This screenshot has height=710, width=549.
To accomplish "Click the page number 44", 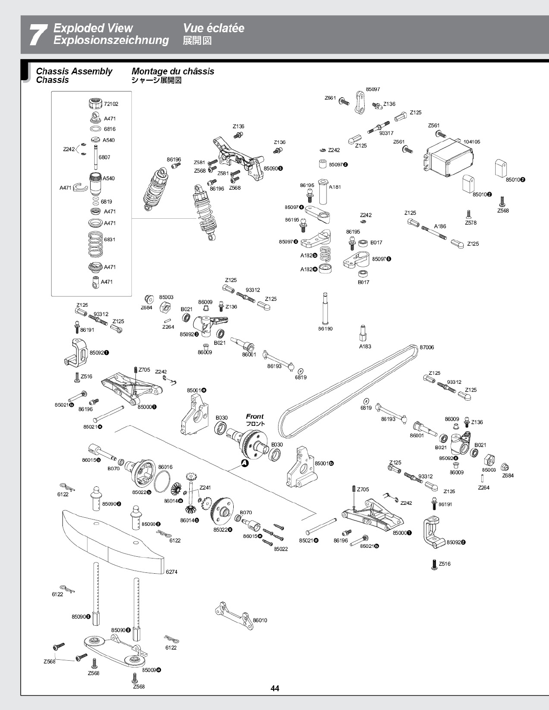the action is (274, 688).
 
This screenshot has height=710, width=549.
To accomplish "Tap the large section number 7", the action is (39, 35).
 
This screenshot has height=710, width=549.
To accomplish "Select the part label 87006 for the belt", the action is (427, 347).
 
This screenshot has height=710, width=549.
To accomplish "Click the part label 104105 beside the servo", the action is (471, 142).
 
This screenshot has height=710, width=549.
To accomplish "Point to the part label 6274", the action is (171, 572).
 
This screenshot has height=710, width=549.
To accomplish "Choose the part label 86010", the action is (260, 620).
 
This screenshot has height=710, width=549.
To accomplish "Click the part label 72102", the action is (111, 104).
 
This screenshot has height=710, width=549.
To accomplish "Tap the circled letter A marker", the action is (244, 463).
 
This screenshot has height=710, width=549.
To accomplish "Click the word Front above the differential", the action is (255, 416).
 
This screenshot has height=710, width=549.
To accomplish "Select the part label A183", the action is (365, 346).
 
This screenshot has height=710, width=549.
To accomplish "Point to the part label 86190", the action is (325, 329).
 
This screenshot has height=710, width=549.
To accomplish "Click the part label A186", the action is (440, 226).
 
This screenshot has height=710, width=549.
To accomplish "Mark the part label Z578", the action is (471, 223).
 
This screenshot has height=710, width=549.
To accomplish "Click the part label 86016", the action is (165, 467).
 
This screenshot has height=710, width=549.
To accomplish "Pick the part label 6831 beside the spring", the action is (109, 239).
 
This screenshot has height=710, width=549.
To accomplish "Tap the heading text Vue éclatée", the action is (213, 28).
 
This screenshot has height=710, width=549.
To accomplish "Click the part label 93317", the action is (386, 133).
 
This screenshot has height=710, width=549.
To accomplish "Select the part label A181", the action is (335, 187).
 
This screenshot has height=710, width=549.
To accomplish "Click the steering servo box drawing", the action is (449, 156).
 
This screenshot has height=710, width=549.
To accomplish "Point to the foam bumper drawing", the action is (113, 542).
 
